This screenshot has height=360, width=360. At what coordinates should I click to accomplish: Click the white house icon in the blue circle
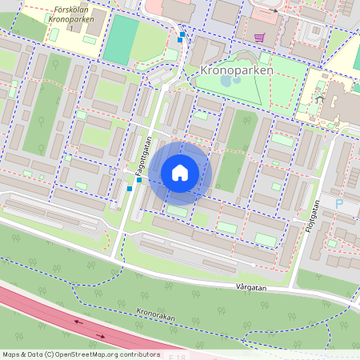pos(180,173)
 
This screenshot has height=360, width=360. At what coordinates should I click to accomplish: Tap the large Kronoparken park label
pos(234,70)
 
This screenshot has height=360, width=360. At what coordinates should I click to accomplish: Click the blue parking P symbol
pos(338,205)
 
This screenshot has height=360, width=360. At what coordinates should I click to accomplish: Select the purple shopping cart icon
pos(259,37)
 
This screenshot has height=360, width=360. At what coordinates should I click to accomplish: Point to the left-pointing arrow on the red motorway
pos(78,322)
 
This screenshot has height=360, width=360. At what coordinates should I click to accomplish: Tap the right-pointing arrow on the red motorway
pos(102,335)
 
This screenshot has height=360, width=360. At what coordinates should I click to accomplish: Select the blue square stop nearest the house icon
pos(139,180)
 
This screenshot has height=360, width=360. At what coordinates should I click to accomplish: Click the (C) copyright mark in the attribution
pos(50,354)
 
